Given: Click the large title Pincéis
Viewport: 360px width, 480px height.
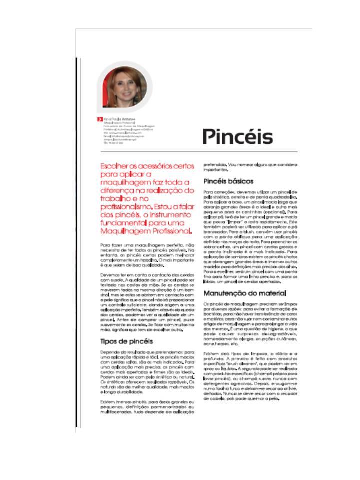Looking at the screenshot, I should click(x=237, y=137).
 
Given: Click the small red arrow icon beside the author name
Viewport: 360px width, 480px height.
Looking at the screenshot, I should click(x=101, y=119).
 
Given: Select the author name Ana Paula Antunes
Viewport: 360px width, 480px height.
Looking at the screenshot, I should click(x=120, y=119).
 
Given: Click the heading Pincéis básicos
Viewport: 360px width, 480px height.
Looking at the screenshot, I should click(x=228, y=181).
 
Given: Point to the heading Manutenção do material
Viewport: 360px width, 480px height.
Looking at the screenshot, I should click(x=244, y=293).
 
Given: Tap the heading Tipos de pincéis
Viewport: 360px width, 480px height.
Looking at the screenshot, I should click(x=127, y=341).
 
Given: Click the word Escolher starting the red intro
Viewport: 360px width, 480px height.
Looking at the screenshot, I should click(x=116, y=165).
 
